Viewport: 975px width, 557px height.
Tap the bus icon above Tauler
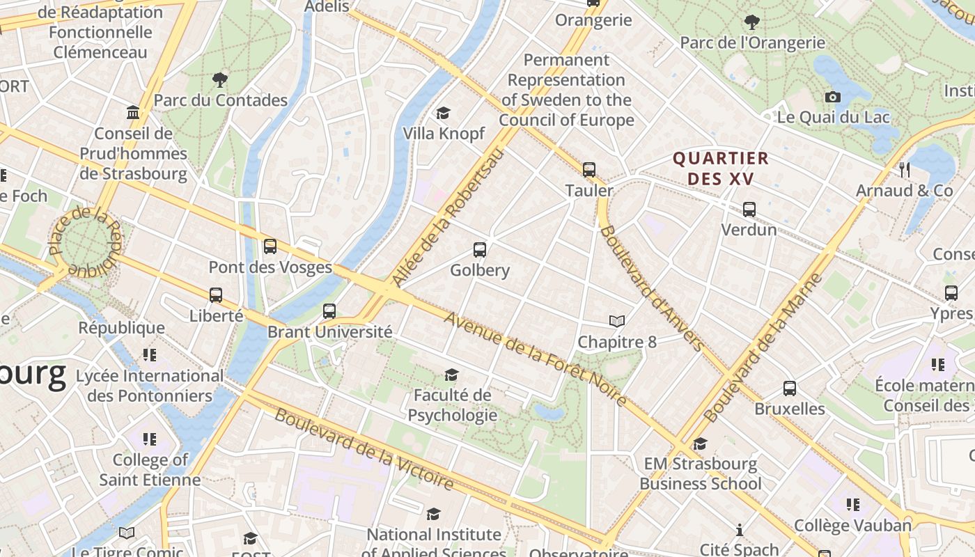589,169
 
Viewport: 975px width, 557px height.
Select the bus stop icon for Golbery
479,250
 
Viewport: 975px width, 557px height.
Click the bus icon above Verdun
749,209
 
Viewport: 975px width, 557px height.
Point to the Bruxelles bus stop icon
789,389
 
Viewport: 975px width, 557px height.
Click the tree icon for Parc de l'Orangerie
751,22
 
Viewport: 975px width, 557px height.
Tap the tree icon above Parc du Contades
220,80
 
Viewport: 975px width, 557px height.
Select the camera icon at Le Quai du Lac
832,97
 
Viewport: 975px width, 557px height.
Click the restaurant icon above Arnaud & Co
904,169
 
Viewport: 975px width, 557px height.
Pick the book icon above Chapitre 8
616,321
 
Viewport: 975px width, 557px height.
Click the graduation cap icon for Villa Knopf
443,113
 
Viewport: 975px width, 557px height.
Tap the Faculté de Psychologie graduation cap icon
451,375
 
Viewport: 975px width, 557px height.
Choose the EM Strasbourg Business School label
700,473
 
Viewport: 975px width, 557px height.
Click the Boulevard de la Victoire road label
364,449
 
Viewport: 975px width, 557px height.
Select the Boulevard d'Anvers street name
652,288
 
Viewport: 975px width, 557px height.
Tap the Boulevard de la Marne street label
763,348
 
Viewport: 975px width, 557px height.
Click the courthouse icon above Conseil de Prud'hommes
132,113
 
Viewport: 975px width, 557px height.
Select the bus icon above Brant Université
329,311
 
